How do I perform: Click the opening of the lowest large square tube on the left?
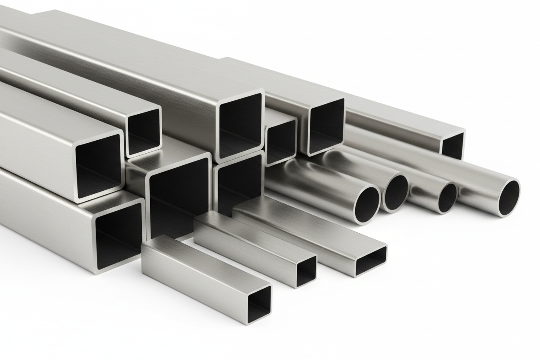119,236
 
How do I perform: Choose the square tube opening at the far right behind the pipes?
453,146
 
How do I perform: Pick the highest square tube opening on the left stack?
143,132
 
